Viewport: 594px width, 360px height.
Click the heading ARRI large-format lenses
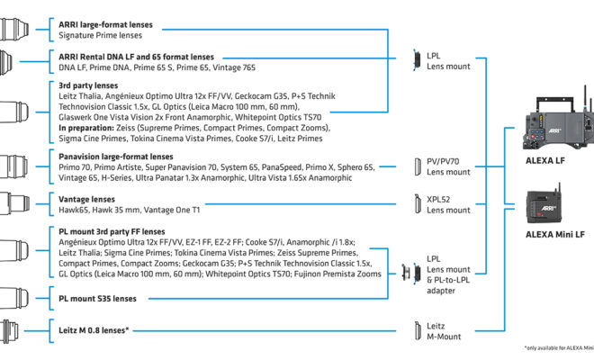pyautogui.click(x=105, y=24)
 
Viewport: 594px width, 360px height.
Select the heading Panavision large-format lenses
pyautogui.click(x=115, y=157)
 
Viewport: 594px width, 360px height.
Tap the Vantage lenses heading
pyautogui.click(x=86, y=199)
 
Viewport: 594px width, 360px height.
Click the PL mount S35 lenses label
pyautogui.click(x=97, y=299)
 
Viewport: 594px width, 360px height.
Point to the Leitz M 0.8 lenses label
pyautogui.click(x=94, y=330)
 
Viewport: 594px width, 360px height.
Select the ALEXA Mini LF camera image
pyautogui.click(x=544, y=204)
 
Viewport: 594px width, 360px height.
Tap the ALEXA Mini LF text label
pyautogui.click(x=555, y=235)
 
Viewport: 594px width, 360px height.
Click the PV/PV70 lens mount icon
pyautogui.click(x=418, y=166)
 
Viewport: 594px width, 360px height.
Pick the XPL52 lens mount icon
pyautogui.click(x=418, y=204)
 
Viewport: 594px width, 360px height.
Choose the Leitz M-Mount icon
pyautogui.click(x=418, y=331)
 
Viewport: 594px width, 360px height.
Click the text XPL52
pyautogui.click(x=438, y=199)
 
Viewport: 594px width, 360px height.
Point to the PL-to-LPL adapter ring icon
pyautogui.click(x=406, y=272)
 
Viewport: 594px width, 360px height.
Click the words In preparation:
pyautogui.click(x=86, y=128)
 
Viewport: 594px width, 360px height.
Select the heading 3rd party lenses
pyautogui.click(x=88, y=85)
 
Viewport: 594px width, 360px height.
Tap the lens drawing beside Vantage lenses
pyautogui.click(x=14, y=204)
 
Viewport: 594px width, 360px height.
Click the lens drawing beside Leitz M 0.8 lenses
pyautogui.click(x=9, y=331)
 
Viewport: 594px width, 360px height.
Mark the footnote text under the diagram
pyautogui.click(x=559, y=348)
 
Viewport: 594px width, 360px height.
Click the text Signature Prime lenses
pyautogui.click(x=100, y=35)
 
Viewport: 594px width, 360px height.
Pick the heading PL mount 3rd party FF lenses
pyautogui.click(x=112, y=231)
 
